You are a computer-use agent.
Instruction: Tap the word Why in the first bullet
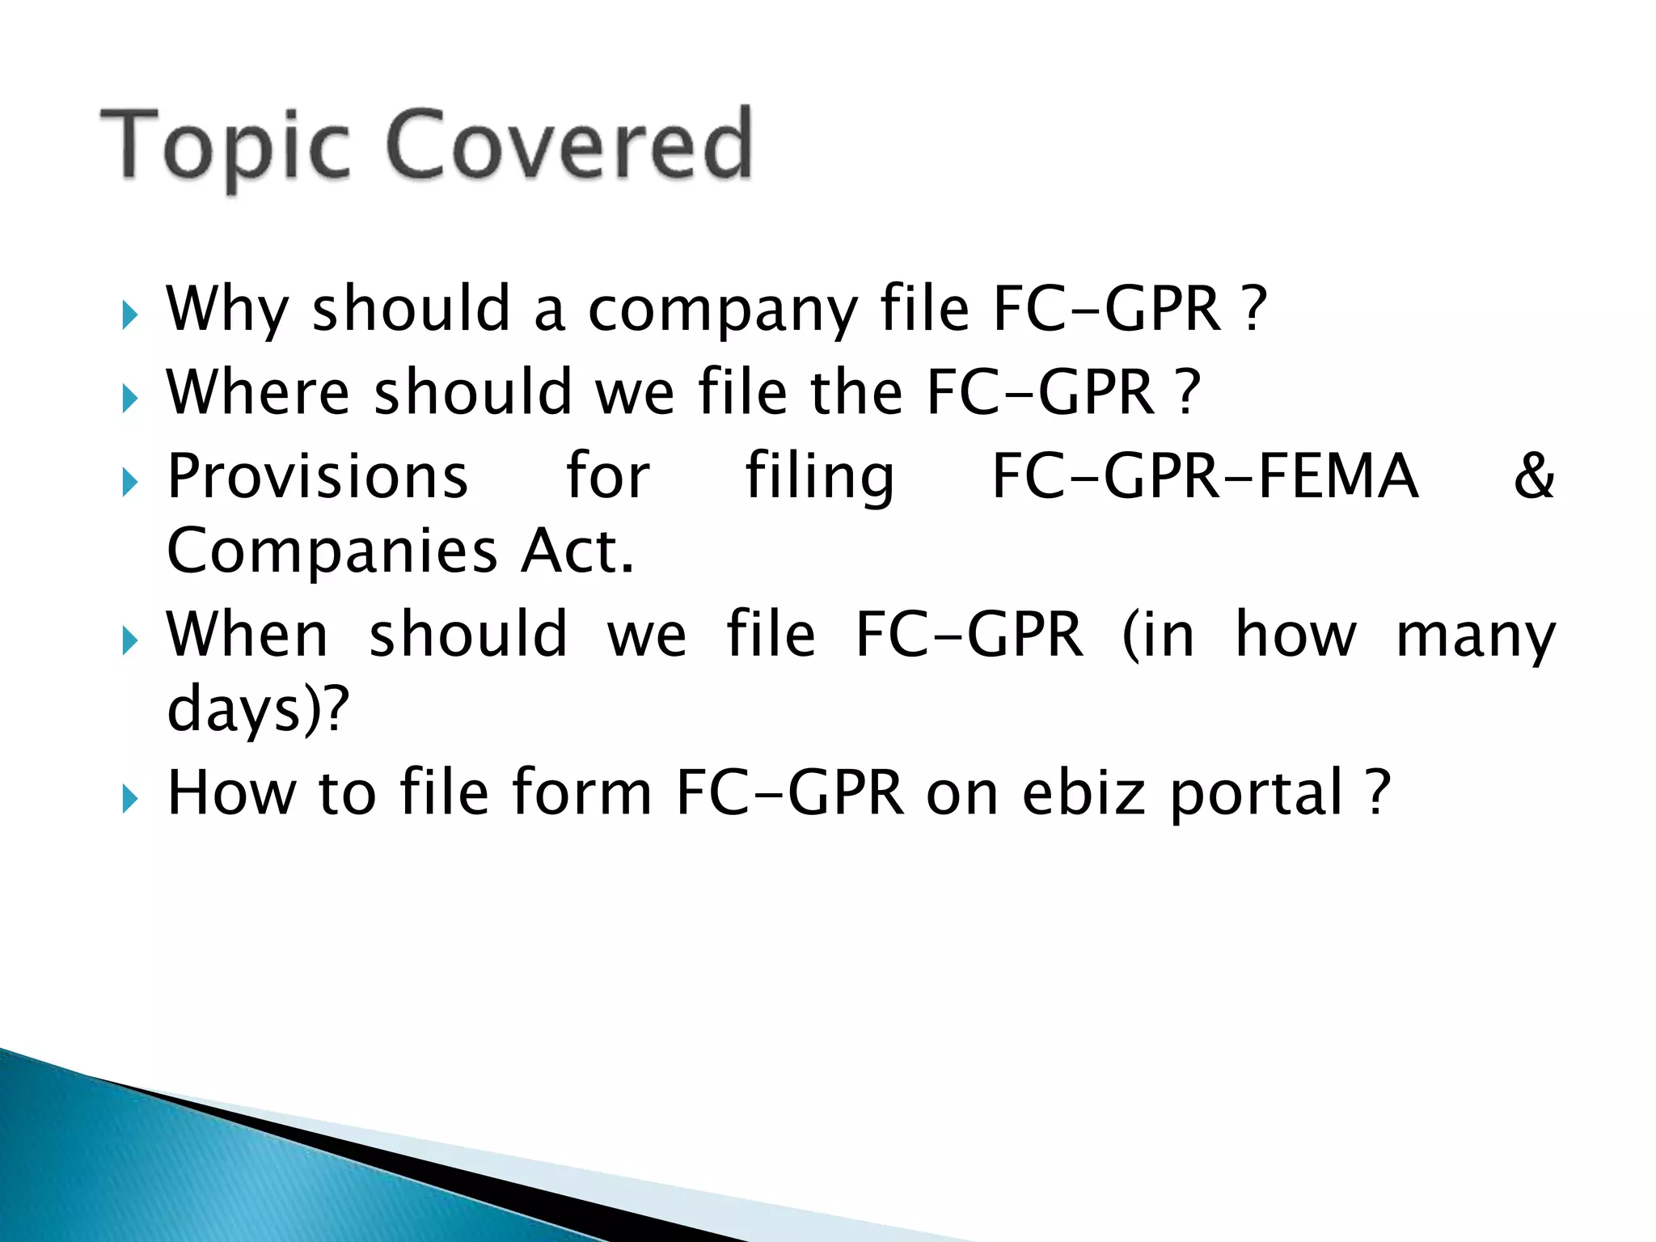[227, 310]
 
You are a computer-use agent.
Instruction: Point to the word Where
[258, 392]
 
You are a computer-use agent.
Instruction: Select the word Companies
[332, 551]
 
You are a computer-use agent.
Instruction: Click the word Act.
[577, 551]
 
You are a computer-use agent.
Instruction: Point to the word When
[247, 635]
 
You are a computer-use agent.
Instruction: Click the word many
[1476, 637]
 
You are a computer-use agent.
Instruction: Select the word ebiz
[1084, 792]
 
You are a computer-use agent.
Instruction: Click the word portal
[1257, 794]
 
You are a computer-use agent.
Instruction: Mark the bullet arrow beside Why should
[129, 315]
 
